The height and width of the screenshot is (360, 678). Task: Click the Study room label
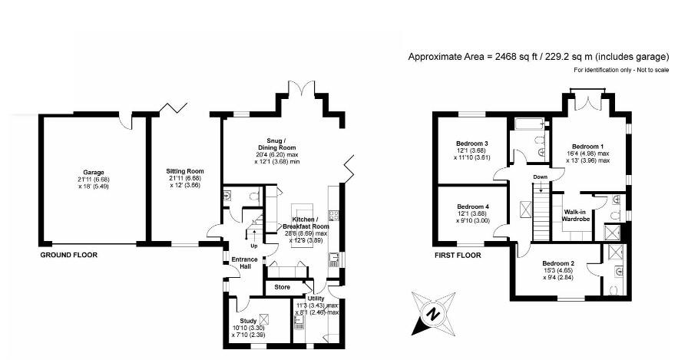tap(248, 321)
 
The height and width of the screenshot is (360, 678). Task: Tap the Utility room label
tap(316, 298)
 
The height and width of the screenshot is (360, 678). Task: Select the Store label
tap(283, 287)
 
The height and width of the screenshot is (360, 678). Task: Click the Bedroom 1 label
tap(589, 146)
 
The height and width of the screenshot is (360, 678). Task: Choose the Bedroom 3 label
tap(472, 144)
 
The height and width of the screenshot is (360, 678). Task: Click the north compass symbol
tap(432, 313)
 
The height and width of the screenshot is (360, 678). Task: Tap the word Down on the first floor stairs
tap(541, 177)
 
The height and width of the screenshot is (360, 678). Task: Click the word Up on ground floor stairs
tap(254, 246)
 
